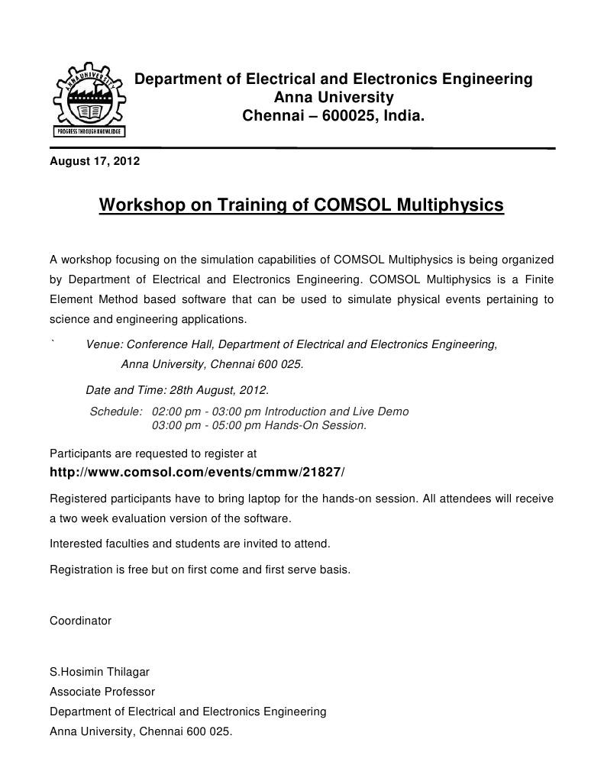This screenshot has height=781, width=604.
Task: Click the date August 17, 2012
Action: pyautogui.click(x=95, y=161)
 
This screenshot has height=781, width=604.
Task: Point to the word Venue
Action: pyautogui.click(x=103, y=344)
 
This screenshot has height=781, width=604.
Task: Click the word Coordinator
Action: pyautogui.click(x=80, y=621)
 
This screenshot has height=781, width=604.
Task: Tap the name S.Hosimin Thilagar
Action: pyautogui.click(x=99, y=673)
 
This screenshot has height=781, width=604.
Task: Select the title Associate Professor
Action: pyautogui.click(x=102, y=692)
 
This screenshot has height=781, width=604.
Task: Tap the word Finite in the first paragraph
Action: pyautogui.click(x=537, y=279)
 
